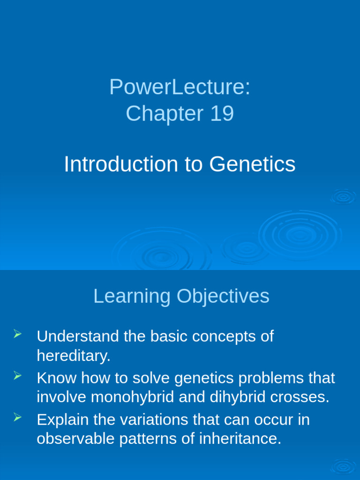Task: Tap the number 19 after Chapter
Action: [222, 114]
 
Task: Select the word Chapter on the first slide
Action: [165, 114]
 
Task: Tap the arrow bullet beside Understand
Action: [18, 334]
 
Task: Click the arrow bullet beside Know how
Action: [18, 375]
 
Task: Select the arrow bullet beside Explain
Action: [18, 417]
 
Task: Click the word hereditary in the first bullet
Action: [73, 356]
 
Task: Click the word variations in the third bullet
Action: [148, 419]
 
